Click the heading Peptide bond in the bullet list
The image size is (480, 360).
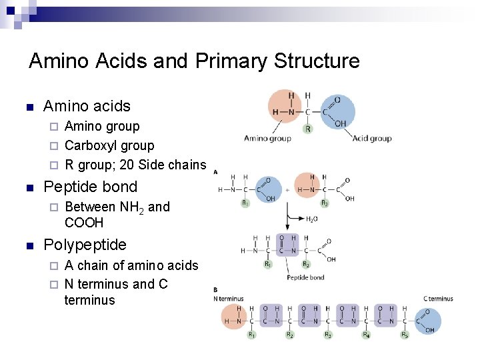pos(90,187)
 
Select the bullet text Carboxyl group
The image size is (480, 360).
pos(109,145)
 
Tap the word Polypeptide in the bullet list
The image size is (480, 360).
pos(85,245)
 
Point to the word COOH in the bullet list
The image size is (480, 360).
pos(84,223)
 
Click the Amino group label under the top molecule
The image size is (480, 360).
pos(267,139)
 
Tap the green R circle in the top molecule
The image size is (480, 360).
pos(307,129)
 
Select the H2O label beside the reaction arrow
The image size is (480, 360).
pos(311,219)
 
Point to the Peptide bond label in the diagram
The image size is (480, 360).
pos(305,277)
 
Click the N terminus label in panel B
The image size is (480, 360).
pos(229,299)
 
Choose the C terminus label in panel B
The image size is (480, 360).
pos(438,299)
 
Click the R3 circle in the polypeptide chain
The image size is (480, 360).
pos(327,335)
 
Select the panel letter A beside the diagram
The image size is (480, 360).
pos(215,171)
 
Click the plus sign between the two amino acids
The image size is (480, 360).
pos(287,189)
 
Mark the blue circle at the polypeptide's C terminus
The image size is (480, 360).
pos(427,321)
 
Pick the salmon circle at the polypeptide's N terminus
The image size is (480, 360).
pos(234,317)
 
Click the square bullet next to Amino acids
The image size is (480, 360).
pos(29,107)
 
